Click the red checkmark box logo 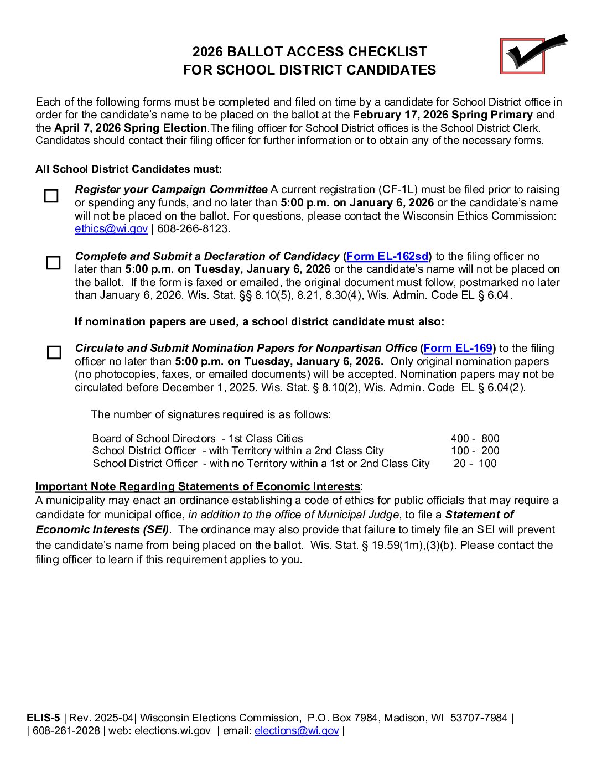[x=523, y=56]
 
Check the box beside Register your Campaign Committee [x=51, y=196]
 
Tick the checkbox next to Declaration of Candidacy [x=53, y=263]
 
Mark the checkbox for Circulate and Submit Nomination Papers [x=54, y=352]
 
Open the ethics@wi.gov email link [x=111, y=229]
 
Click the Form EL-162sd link [x=387, y=256]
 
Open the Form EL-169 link [x=458, y=348]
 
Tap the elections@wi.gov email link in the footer [x=297, y=731]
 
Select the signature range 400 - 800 [x=475, y=439]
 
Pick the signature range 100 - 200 [x=475, y=451]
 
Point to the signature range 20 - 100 [x=475, y=464]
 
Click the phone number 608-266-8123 [x=193, y=229]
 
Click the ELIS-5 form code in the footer [x=43, y=718]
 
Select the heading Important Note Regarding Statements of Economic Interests [x=198, y=487]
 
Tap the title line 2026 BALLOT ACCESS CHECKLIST [x=309, y=52]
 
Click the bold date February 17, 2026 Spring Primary [x=443, y=115]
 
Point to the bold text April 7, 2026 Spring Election [x=131, y=128]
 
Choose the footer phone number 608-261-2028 [x=66, y=731]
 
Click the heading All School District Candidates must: [x=128, y=169]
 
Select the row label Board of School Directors [x=154, y=439]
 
